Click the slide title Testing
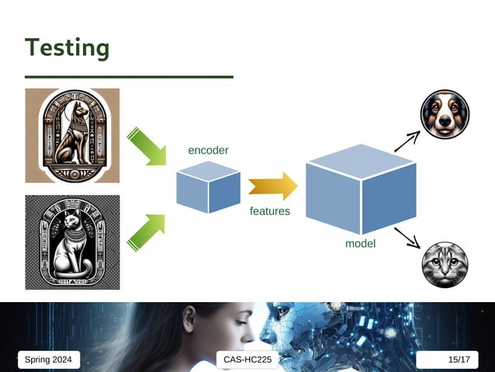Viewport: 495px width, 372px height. coord(67,48)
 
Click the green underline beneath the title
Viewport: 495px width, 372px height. coord(129,77)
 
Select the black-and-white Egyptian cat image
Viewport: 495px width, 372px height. coord(72,242)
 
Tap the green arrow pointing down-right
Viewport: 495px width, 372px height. coord(147,147)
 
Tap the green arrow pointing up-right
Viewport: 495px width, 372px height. coord(146,233)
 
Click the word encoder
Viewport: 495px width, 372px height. coord(208,150)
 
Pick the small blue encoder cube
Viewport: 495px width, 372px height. coord(208,187)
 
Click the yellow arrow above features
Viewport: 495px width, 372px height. coord(272,186)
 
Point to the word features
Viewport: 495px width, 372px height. coord(270,211)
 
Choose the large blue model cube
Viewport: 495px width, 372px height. coord(360,190)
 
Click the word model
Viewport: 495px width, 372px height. coord(360,244)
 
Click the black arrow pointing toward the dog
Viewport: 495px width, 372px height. coord(407,141)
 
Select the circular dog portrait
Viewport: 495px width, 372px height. coord(445,114)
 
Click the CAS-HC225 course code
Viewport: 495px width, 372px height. coord(246,360)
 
